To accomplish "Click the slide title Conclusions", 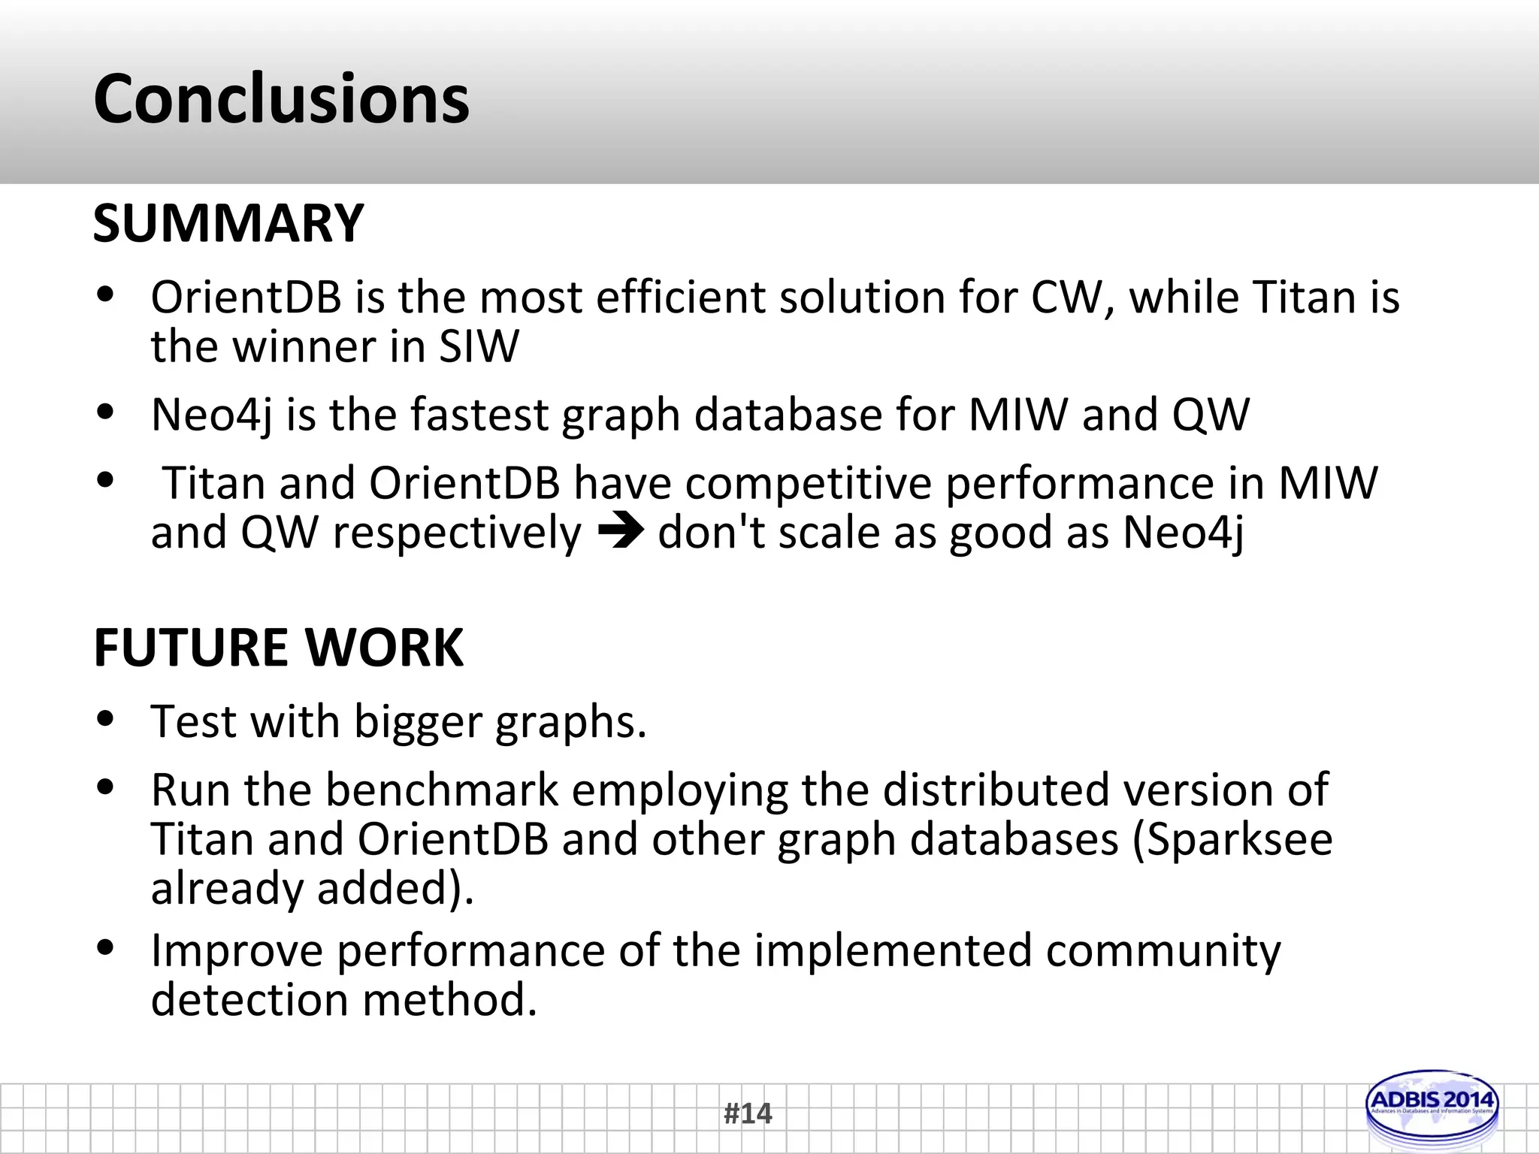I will (x=281, y=99).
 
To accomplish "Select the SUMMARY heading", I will (x=228, y=224).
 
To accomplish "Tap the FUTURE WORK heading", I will (x=278, y=648).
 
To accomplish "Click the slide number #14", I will (x=748, y=1113).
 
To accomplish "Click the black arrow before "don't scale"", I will (x=620, y=533).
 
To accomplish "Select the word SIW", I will (x=479, y=347).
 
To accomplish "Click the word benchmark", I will (x=442, y=790).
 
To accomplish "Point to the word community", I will (x=1163, y=951).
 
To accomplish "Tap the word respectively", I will (x=457, y=534).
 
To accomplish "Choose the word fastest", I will (x=480, y=415).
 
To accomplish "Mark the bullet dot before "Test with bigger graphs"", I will (x=105, y=720).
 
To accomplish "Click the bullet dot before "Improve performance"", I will (x=105, y=948).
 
